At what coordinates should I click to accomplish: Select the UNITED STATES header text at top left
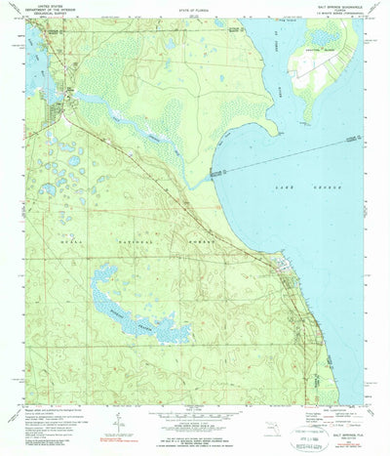[x=42, y=6]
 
